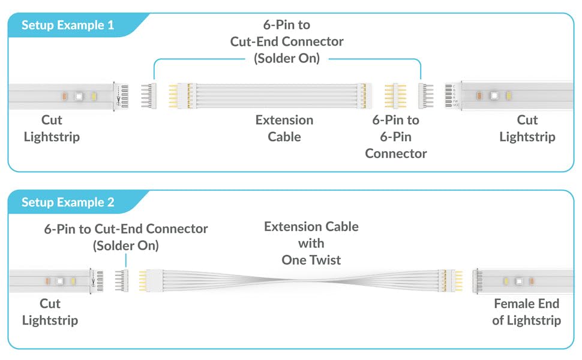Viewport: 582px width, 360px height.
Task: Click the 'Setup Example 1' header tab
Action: click(67, 25)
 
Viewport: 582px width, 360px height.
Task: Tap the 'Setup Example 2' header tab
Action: click(67, 202)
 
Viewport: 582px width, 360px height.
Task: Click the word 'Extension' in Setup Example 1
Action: click(284, 120)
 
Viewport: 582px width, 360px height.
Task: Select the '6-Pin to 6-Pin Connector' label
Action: click(396, 137)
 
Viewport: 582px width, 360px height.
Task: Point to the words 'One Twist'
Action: click(311, 260)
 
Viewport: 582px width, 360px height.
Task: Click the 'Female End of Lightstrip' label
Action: click(526, 312)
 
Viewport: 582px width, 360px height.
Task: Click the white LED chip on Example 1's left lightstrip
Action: click(78, 96)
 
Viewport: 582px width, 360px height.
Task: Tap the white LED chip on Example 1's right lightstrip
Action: click(493, 95)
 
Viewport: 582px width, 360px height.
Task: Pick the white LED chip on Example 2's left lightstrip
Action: click(60, 280)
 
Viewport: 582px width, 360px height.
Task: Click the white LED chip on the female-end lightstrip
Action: click(517, 280)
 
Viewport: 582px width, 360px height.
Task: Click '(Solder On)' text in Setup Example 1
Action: click(287, 59)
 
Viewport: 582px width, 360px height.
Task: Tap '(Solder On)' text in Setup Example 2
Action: click(125, 245)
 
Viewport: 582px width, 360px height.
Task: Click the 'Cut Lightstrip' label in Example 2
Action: click(50, 312)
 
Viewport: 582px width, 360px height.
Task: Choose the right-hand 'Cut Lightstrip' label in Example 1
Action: click(527, 128)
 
